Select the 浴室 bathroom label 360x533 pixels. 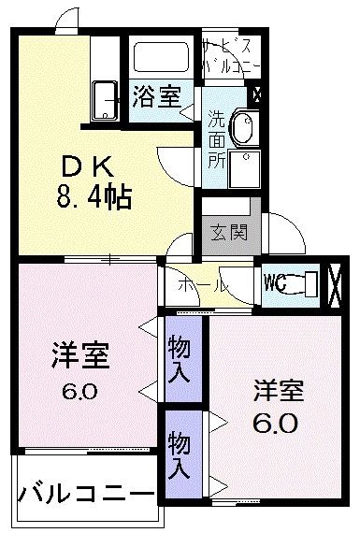pyautogui.click(x=156, y=97)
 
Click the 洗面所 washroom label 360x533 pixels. pyautogui.click(x=216, y=139)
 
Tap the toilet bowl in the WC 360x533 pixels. pyautogui.click(x=307, y=281)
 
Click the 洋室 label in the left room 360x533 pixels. pyautogui.click(x=79, y=357)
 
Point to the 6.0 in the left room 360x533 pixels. pyautogui.click(x=79, y=391)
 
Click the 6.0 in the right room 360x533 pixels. pyautogui.click(x=276, y=424)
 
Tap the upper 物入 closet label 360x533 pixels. pyautogui.click(x=180, y=359)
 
